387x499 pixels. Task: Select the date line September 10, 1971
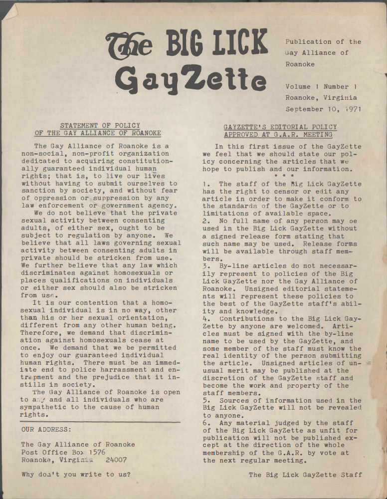coord(323,108)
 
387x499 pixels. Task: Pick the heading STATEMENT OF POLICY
coord(100,126)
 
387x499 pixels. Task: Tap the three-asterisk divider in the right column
coord(283,177)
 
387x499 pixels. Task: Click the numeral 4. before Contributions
coord(206,318)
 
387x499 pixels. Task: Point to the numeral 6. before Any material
coord(206,423)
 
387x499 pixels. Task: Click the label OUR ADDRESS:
coord(46,429)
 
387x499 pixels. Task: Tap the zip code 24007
coord(116,460)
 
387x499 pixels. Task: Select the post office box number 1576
coord(96,452)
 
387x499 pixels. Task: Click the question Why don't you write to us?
coord(76,475)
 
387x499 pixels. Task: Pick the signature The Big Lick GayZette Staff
coord(305,475)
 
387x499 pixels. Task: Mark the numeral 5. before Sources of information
coord(206,400)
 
